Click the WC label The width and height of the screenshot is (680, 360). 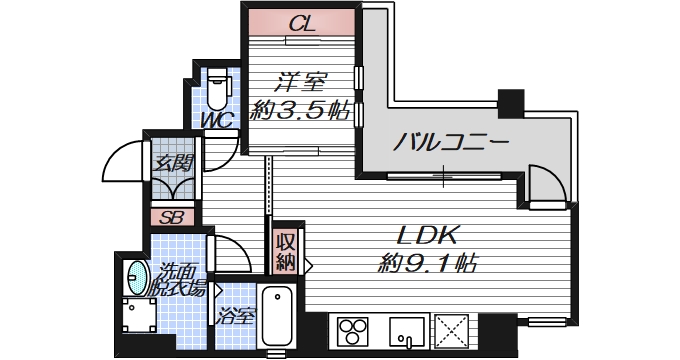[218, 120]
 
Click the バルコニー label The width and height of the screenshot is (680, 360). [451, 141]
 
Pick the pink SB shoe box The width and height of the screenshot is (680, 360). [172, 216]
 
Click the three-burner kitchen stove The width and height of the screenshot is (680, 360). [352, 330]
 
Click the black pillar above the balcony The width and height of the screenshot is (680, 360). [511, 102]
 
